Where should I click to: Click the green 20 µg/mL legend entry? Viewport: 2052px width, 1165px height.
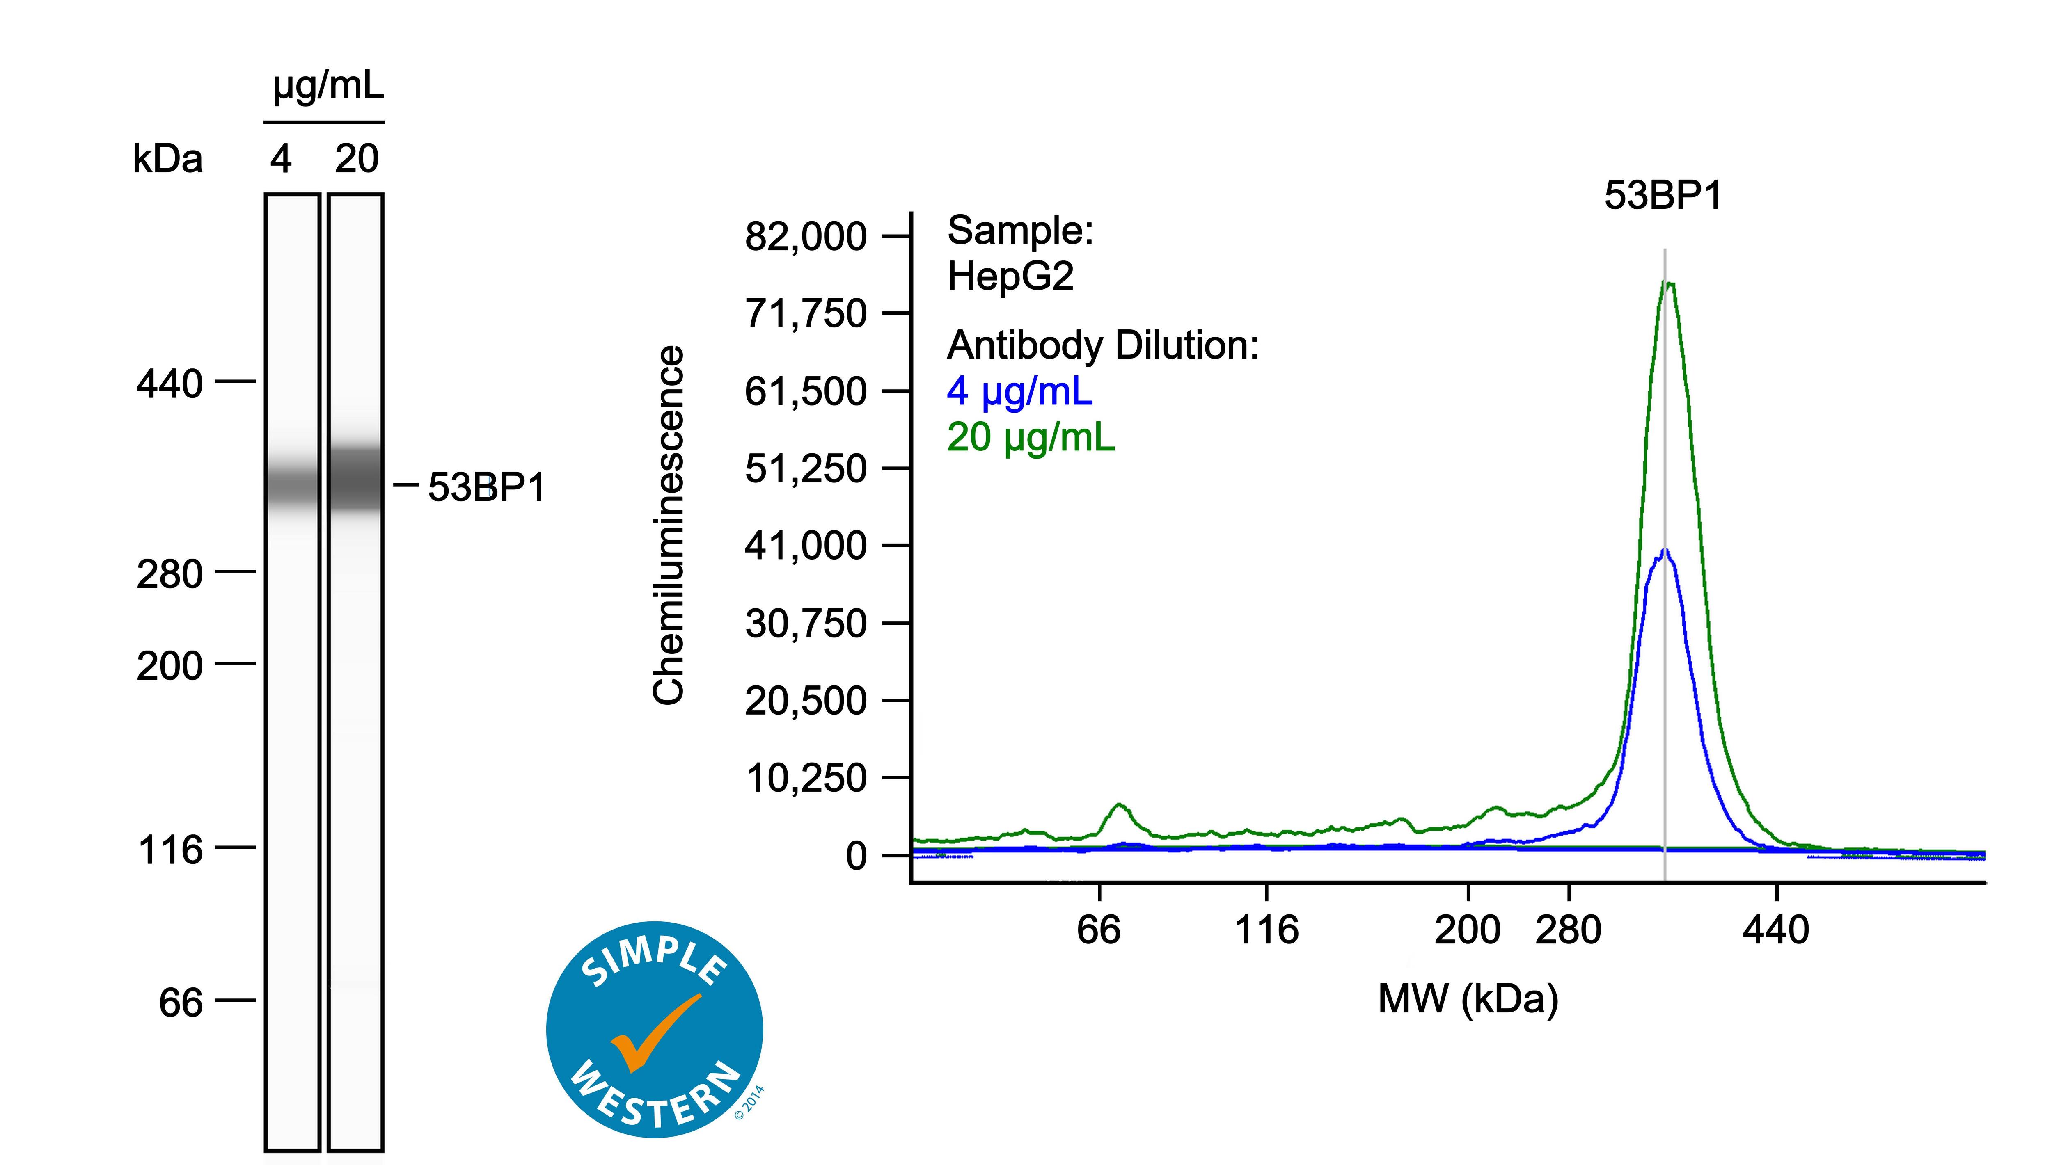tap(1030, 438)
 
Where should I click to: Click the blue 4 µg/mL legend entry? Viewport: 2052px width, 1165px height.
tap(1019, 391)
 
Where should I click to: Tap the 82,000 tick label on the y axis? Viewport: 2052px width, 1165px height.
tap(805, 237)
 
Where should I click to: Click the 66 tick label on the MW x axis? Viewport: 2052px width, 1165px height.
tap(1099, 930)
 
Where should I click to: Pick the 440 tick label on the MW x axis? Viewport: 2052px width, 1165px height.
tap(1776, 930)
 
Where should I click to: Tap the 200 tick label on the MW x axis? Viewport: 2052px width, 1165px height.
tap(1467, 930)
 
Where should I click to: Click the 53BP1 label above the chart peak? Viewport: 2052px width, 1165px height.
tap(1662, 196)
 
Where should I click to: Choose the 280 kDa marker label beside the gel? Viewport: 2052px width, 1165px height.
tap(169, 574)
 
